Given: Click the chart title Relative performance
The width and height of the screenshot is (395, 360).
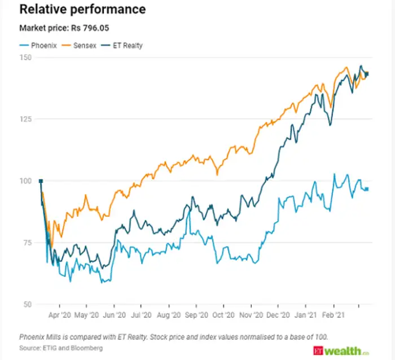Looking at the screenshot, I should pos(82,10).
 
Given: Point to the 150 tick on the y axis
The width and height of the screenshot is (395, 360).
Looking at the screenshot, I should pos(26,58).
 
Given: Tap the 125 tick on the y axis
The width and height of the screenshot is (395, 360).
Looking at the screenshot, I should pos(26,119).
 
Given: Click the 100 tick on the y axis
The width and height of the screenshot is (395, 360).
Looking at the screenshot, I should pos(26,181).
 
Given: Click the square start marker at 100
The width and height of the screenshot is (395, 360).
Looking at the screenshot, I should pos(41,181).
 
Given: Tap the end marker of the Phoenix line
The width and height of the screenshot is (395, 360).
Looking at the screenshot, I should pos(367,189).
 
